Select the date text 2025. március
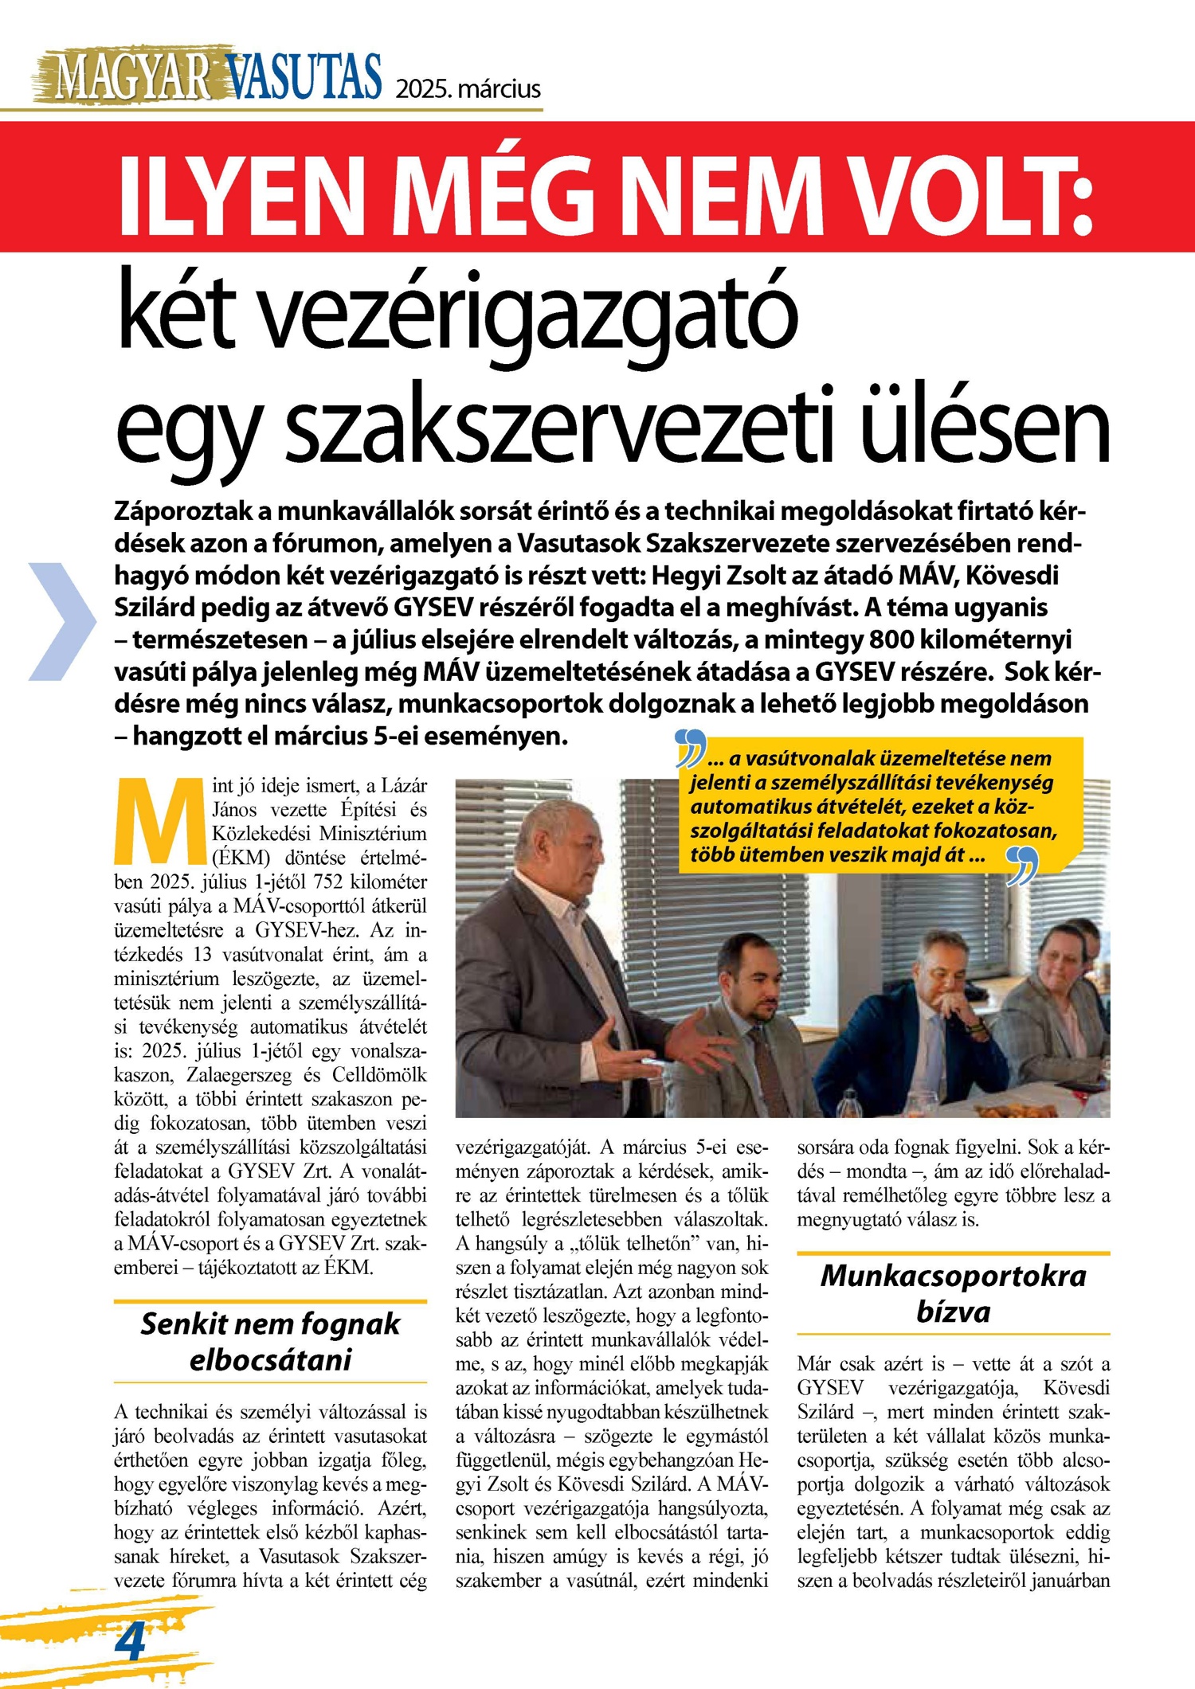click(468, 88)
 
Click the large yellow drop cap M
click(160, 820)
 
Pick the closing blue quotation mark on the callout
click(1022, 866)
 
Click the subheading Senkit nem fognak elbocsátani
click(270, 1341)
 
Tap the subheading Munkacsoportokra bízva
click(953, 1293)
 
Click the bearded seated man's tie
click(769, 1067)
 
